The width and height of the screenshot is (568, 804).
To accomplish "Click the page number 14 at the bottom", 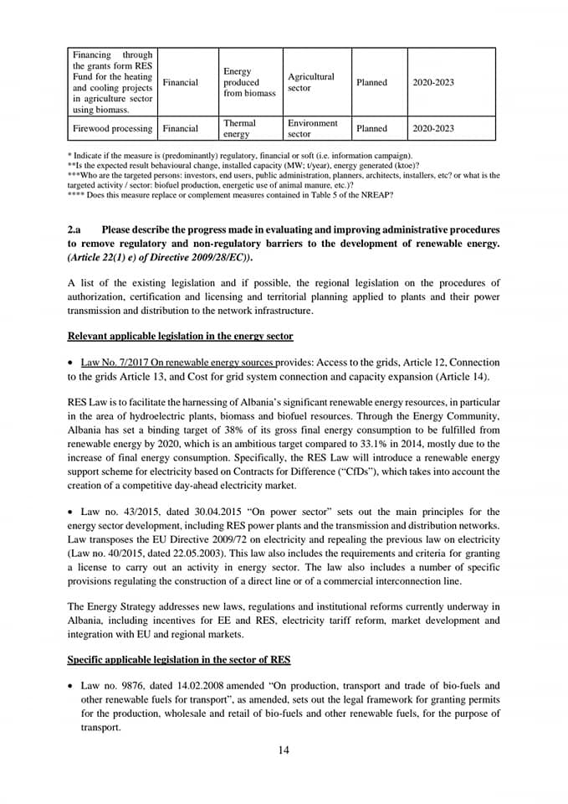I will (284, 750).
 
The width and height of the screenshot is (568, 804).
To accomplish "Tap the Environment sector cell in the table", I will (312, 128).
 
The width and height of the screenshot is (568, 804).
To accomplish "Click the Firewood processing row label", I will (112, 128).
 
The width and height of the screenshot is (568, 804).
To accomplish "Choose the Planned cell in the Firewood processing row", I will (371, 128).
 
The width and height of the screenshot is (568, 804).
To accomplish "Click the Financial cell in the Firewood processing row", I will (181, 128).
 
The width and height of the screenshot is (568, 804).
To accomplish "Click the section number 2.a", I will (74, 229).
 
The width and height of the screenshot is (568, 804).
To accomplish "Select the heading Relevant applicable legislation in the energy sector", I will (180, 336).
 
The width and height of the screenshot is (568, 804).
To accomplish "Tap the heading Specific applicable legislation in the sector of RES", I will (178, 659).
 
